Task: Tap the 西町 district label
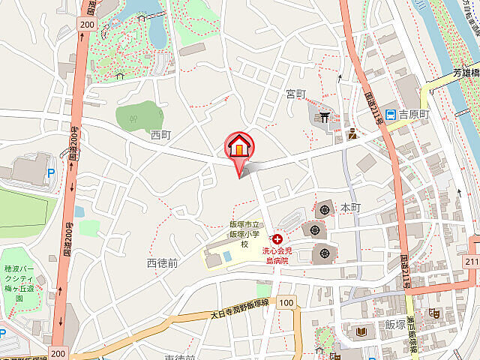pyautogui.click(x=160, y=135)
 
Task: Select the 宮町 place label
pyautogui.click(x=296, y=94)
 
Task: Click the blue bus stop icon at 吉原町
pyautogui.click(x=391, y=115)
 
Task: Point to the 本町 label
pyautogui.click(x=351, y=206)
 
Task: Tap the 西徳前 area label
pyautogui.click(x=162, y=263)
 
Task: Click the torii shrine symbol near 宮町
pyautogui.click(x=324, y=116)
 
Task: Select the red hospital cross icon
pyautogui.click(x=278, y=238)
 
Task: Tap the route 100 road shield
pyautogui.click(x=285, y=302)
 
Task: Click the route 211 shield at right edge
pyautogui.click(x=471, y=261)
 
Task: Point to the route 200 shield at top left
pyautogui.click(x=87, y=25)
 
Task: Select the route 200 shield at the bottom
pyautogui.click(x=58, y=352)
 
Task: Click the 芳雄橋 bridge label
pyautogui.click(x=466, y=74)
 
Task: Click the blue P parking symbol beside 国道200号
pyautogui.click(x=51, y=172)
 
